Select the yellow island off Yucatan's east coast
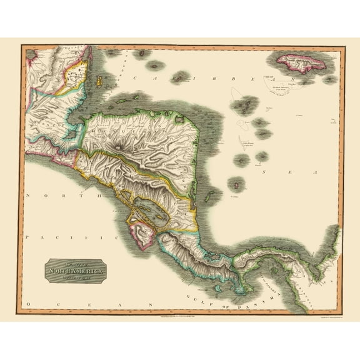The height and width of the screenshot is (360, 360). (x=98, y=81)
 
